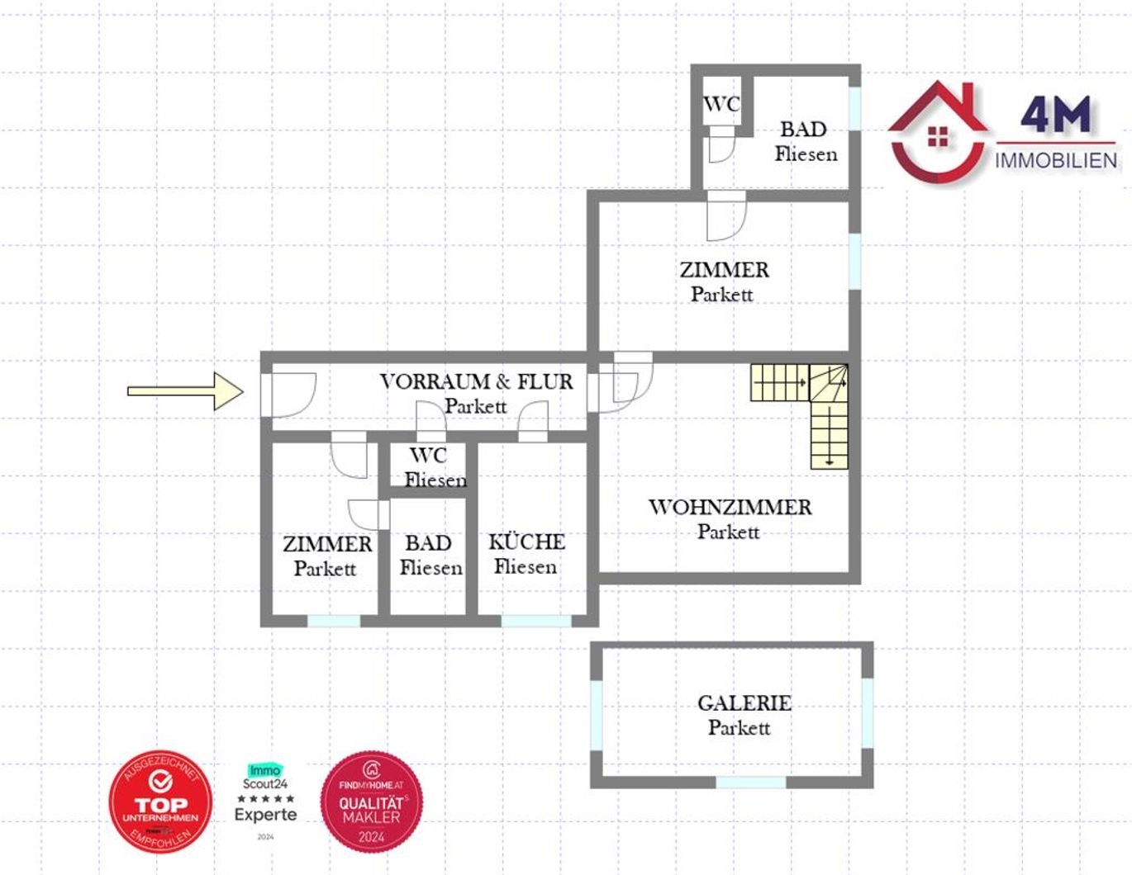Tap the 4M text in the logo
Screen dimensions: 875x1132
[1055, 114]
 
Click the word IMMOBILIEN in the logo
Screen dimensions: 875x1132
[1056, 160]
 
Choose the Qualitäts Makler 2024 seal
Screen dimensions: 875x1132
[371, 802]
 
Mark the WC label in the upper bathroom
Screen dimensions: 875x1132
[721, 104]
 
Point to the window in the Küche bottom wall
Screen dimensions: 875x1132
[535, 621]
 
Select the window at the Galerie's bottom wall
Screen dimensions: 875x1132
[750, 782]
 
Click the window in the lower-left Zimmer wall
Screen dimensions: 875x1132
[334, 621]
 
